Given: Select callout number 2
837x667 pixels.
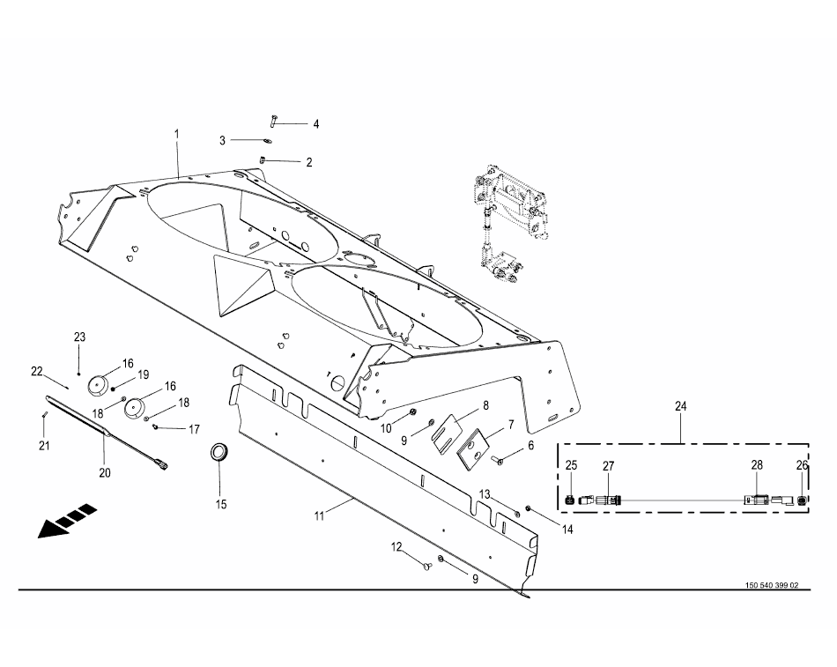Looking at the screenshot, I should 309,162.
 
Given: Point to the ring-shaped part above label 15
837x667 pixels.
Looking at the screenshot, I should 219,453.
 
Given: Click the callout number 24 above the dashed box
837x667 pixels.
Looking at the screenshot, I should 681,406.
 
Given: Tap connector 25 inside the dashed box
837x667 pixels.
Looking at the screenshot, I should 570,500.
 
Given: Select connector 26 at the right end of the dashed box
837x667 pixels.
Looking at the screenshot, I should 802,500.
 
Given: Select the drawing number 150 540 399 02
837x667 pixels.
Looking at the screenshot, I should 771,586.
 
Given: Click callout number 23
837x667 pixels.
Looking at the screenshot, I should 79,337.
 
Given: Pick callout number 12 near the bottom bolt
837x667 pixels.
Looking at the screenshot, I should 397,547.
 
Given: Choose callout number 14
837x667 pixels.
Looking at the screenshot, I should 567,530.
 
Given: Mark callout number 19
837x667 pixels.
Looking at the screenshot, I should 143,374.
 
